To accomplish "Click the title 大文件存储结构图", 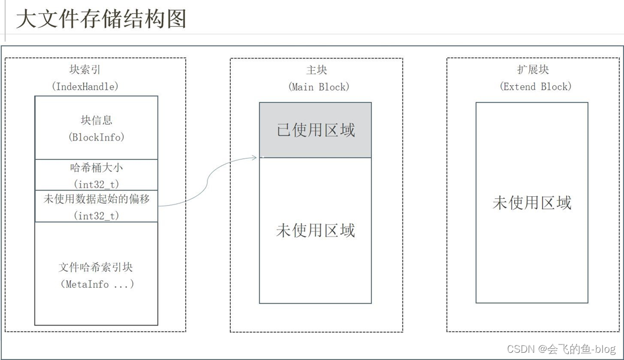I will (101, 18).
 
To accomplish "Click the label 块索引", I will (85, 70).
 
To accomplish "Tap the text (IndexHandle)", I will (85, 86).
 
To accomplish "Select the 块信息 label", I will (96, 120).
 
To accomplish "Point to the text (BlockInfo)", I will (96, 137).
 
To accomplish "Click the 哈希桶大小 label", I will (96, 167).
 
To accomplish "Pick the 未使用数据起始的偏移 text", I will (96, 198).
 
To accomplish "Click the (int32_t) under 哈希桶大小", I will (96, 183).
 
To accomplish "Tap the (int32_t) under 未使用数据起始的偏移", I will (96, 215).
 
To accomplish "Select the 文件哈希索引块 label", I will (96, 267).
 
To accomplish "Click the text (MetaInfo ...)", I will (96, 284).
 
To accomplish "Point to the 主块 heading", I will (316, 70).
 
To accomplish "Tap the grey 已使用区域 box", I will (316, 130).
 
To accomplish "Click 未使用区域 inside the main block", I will (316, 230).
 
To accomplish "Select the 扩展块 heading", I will (533, 70).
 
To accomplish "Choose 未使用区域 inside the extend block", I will (532, 202).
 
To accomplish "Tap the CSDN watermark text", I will (561, 349).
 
